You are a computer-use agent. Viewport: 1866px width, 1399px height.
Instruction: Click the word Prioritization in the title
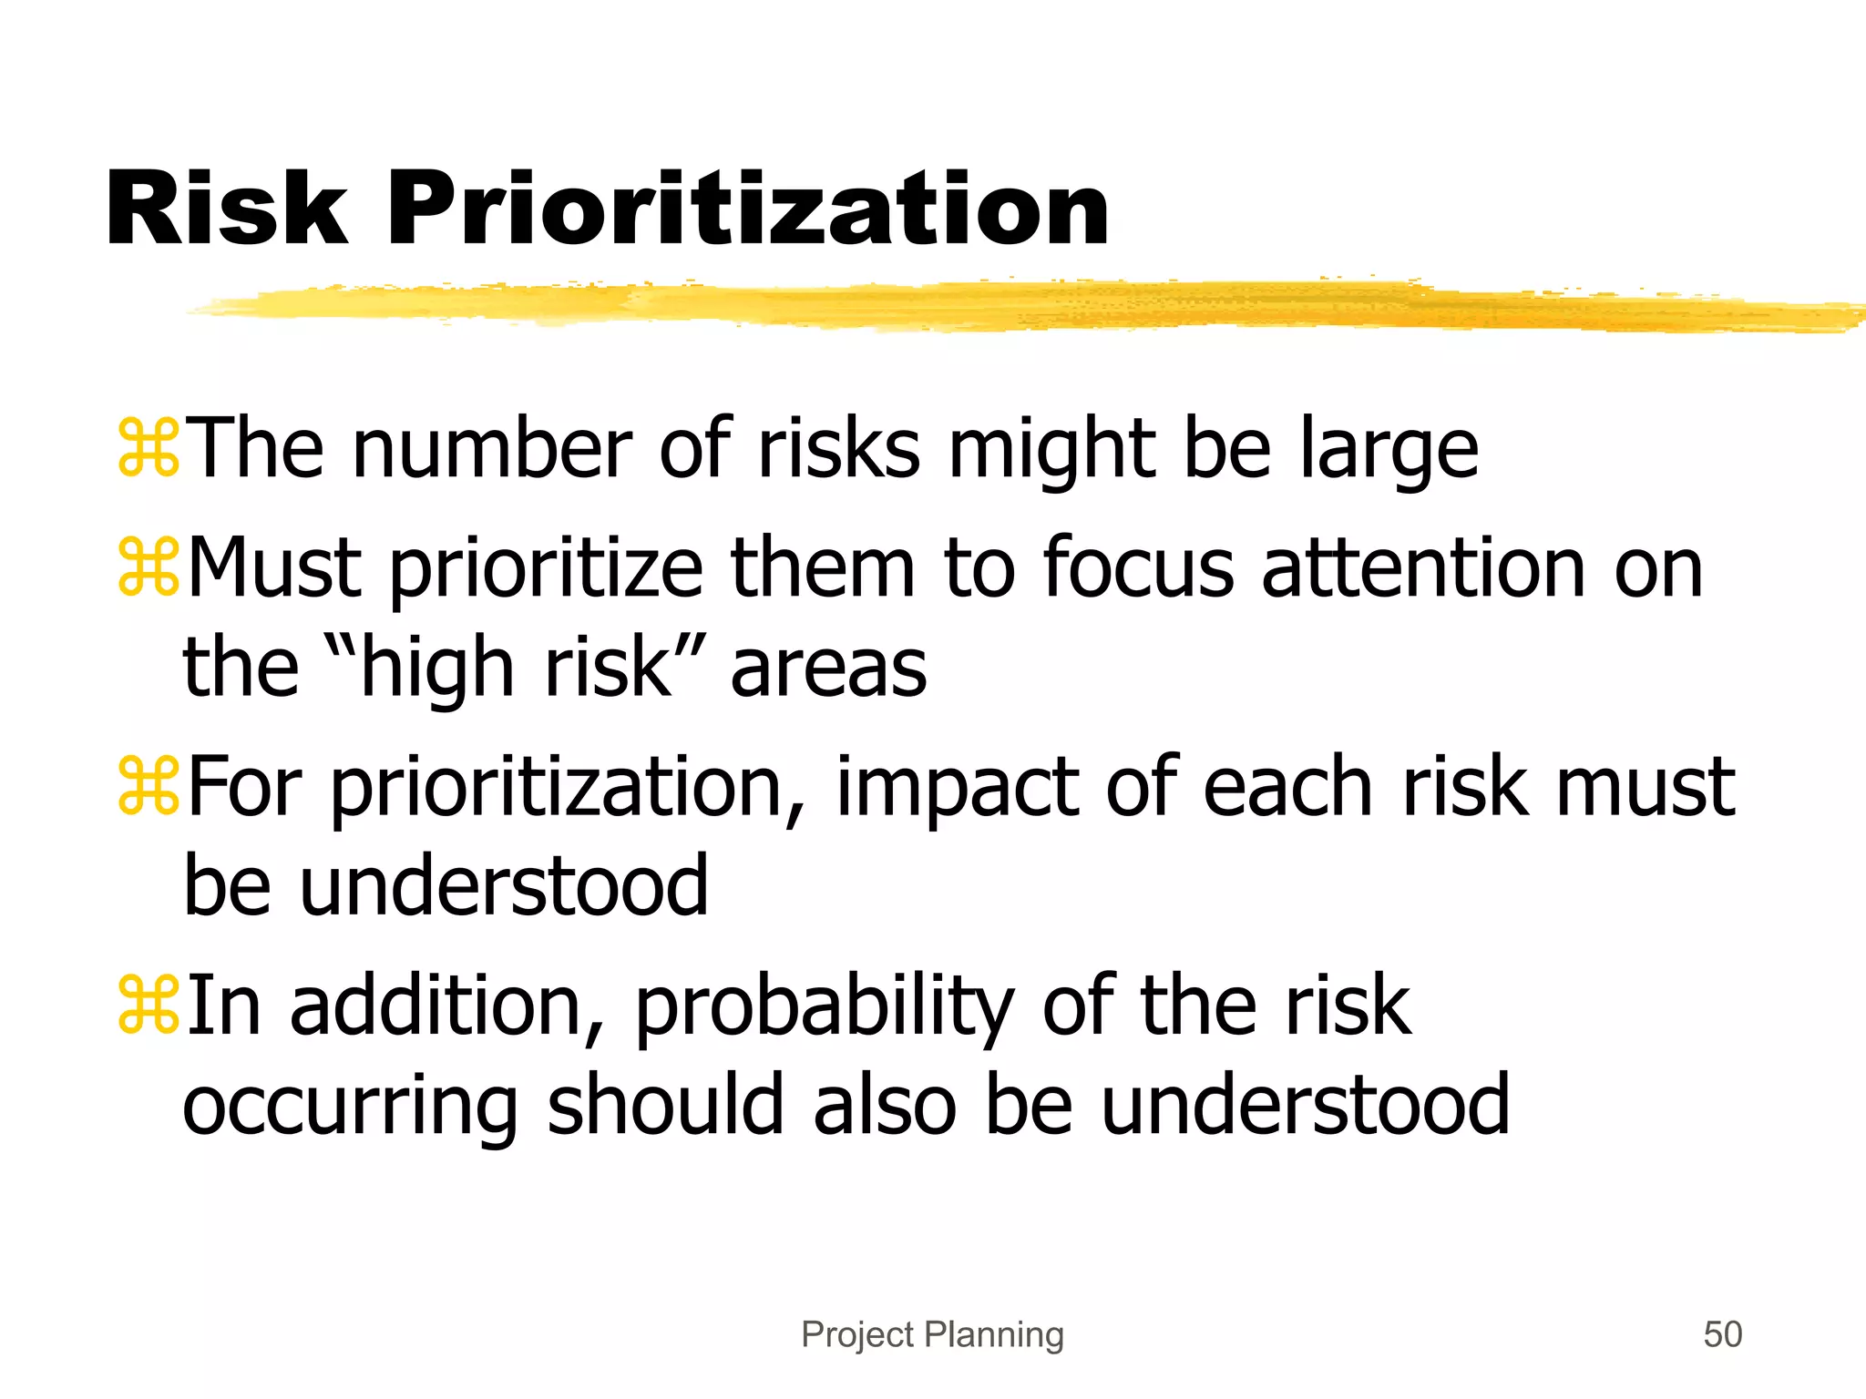click(x=747, y=211)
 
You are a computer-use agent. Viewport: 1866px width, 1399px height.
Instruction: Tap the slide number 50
click(x=1722, y=1334)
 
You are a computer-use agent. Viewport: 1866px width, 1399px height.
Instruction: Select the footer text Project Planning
click(x=932, y=1334)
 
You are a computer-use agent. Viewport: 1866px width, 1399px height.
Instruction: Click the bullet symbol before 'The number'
click(x=149, y=447)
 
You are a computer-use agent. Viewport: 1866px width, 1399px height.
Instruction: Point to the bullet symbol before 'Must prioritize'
click(x=149, y=567)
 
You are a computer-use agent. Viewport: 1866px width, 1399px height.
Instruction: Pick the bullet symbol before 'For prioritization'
click(x=149, y=786)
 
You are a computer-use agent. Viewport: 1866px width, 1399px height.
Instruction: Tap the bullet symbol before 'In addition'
click(x=149, y=1005)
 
